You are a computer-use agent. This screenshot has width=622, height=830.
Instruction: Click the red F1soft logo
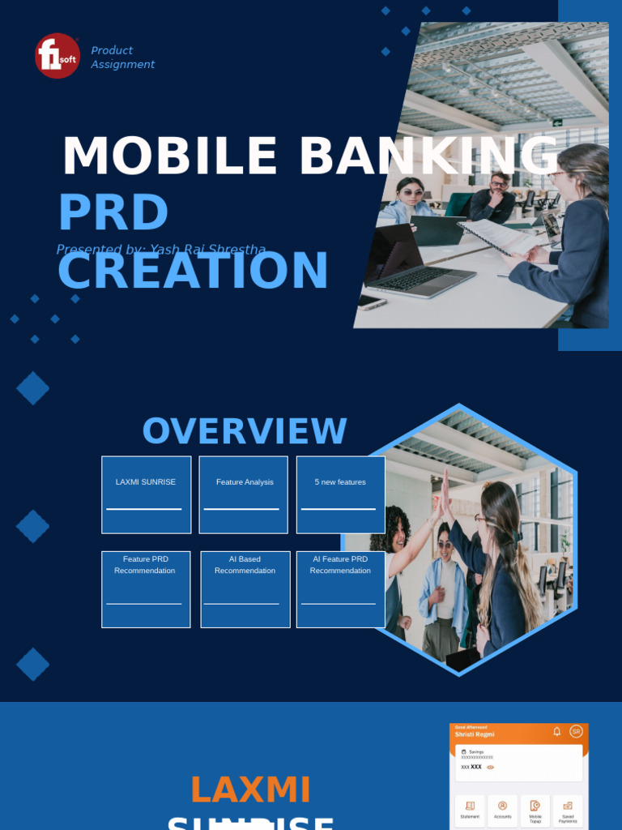pyautogui.click(x=58, y=56)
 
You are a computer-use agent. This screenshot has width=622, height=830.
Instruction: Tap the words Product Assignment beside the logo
pyautogui.click(x=122, y=58)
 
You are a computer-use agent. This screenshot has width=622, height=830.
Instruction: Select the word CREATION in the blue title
pyautogui.click(x=193, y=271)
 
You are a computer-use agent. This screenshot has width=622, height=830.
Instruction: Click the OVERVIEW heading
pyautogui.click(x=245, y=431)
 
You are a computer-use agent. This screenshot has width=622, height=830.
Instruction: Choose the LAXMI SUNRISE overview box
pyautogui.click(x=146, y=494)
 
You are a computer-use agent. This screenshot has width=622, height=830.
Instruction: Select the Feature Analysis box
pyautogui.click(x=244, y=494)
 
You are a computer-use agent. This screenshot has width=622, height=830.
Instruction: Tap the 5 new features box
pyautogui.click(x=340, y=494)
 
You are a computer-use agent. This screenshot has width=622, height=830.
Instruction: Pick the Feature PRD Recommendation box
pyautogui.click(x=146, y=589)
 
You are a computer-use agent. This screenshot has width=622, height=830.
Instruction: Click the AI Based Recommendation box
pyautogui.click(x=245, y=589)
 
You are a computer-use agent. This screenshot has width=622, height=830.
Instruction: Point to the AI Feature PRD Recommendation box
pyautogui.click(x=340, y=589)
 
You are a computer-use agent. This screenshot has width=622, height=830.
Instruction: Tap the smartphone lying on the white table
pyautogui.click(x=372, y=302)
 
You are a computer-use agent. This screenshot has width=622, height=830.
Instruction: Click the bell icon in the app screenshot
pyautogui.click(x=556, y=731)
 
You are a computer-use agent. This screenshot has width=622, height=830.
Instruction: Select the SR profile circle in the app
pyautogui.click(x=576, y=731)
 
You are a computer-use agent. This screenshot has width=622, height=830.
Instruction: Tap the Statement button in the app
pyautogui.click(x=470, y=810)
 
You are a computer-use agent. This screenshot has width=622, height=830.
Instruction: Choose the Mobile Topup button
pyautogui.click(x=535, y=810)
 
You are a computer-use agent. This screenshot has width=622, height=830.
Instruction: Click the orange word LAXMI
pyautogui.click(x=250, y=790)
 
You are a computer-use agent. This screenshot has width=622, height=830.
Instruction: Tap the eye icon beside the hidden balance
pyautogui.click(x=490, y=767)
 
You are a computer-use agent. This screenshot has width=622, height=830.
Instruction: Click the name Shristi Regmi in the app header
pyautogui.click(x=474, y=734)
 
